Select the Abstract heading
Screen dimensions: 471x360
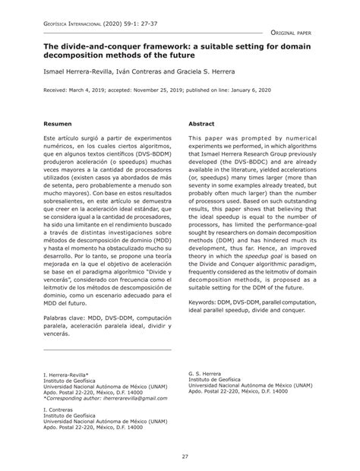pyautogui.click(x=201, y=122)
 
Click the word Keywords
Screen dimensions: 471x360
pyautogui.click(x=204, y=301)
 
